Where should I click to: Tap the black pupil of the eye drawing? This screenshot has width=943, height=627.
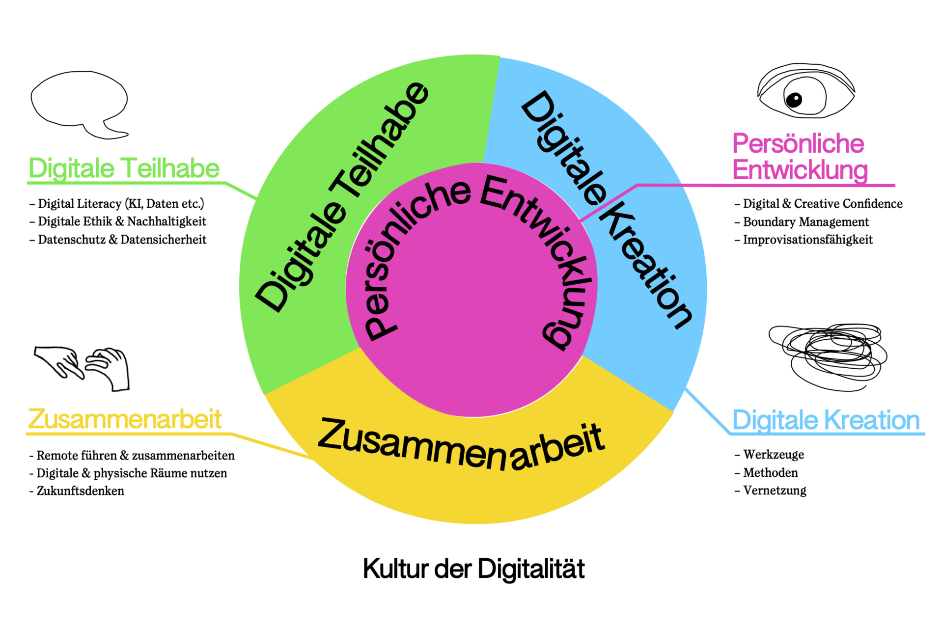(x=794, y=100)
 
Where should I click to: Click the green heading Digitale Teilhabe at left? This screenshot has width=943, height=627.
(x=124, y=168)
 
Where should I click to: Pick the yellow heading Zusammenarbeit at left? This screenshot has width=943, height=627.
(x=125, y=419)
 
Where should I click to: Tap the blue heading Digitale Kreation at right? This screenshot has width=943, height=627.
(x=826, y=420)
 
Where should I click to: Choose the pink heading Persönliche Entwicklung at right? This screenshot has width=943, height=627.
(x=800, y=157)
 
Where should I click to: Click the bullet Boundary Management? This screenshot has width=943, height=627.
(x=805, y=222)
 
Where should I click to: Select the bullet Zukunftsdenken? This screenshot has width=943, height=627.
(x=80, y=491)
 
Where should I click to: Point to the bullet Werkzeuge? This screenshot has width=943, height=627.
(x=773, y=455)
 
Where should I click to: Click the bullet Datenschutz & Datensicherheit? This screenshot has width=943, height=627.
(x=122, y=240)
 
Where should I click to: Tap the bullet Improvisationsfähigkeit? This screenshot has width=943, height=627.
(x=807, y=240)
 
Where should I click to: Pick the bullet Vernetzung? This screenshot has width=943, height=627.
(x=775, y=491)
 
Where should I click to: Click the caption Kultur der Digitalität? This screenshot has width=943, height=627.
(x=473, y=569)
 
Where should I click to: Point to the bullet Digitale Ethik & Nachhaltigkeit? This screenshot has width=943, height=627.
(x=122, y=221)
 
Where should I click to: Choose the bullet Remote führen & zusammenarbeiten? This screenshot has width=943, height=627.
(x=135, y=456)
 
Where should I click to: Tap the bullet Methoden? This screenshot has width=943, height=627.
(x=770, y=473)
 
